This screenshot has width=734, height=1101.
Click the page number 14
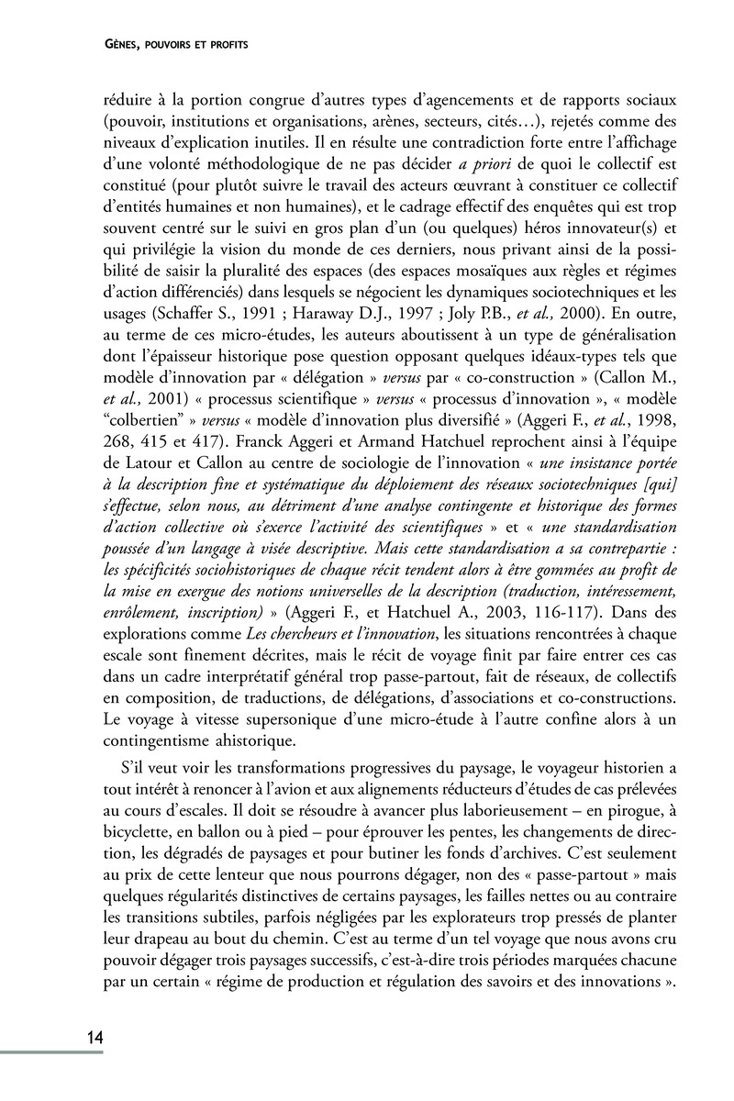tap(94, 1038)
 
